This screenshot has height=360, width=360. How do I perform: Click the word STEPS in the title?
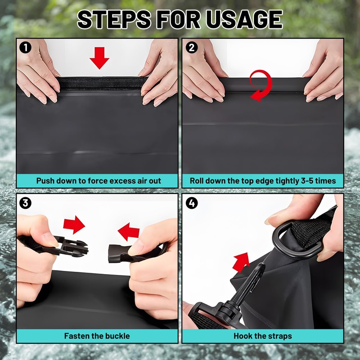[x=114, y=19]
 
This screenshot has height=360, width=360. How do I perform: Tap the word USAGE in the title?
[x=244, y=19]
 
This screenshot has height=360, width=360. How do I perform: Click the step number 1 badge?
[x=25, y=48]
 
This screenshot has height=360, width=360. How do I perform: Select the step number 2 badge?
[x=192, y=48]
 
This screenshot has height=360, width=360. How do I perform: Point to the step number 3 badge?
[x=25, y=203]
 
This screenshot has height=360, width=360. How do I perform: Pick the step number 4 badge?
[x=192, y=203]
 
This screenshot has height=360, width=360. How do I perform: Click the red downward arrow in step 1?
[x=99, y=58]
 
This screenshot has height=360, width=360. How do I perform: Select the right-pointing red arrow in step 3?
[x=74, y=225]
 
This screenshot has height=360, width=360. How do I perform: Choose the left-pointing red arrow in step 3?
[x=129, y=231]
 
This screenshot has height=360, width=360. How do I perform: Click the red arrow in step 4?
[x=241, y=262]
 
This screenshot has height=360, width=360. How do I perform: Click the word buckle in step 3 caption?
[x=117, y=336]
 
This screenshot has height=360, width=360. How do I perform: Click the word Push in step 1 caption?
[x=45, y=181]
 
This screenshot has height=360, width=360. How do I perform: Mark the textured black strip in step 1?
[x=102, y=83]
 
